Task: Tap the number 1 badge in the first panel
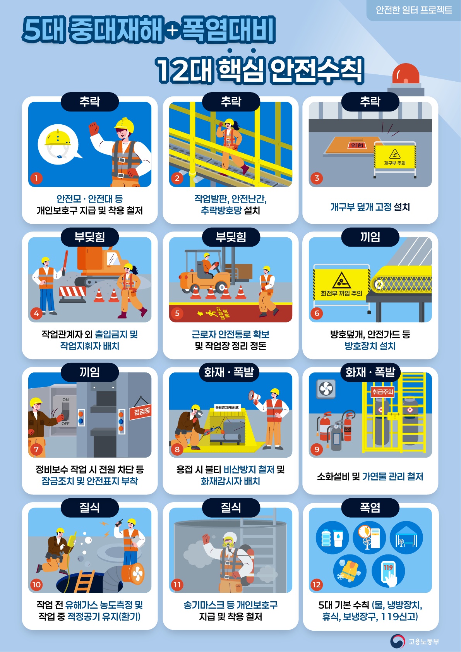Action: (x=36, y=178)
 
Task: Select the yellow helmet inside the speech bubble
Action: (x=58, y=138)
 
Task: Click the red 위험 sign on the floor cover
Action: (x=357, y=145)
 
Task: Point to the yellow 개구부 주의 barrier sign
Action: (x=395, y=157)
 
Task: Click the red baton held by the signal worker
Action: (x=65, y=263)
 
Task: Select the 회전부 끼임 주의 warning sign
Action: (x=341, y=284)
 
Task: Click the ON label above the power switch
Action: (x=65, y=400)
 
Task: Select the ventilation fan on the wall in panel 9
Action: (x=326, y=389)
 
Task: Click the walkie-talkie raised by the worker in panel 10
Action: (x=119, y=522)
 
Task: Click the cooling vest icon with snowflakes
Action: (x=350, y=572)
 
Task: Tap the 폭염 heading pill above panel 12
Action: (x=370, y=508)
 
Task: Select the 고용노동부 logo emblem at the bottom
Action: (x=397, y=641)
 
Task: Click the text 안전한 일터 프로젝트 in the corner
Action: (x=414, y=10)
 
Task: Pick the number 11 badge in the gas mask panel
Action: (x=177, y=585)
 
